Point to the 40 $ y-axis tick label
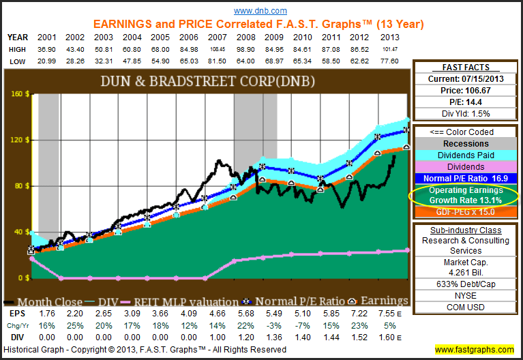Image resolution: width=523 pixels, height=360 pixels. coord(17,232)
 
